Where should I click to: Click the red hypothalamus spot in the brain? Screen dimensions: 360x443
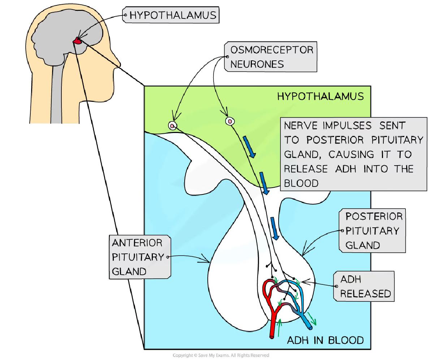[x=77, y=42]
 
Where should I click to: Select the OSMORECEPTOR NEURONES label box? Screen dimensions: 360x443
[x=271, y=57]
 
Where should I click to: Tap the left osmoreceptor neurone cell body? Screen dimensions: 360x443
[x=173, y=126]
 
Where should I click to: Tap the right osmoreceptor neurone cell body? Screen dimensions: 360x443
[x=229, y=121]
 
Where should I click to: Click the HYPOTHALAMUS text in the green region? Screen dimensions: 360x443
[x=320, y=96]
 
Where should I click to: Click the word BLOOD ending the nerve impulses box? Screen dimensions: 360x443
[x=301, y=183]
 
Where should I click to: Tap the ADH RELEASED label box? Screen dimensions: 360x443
[x=365, y=286]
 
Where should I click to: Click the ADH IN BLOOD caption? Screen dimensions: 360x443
[x=325, y=340]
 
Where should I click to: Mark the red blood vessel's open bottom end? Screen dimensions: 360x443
[x=272, y=337]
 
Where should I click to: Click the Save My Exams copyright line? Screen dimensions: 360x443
[x=221, y=356]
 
